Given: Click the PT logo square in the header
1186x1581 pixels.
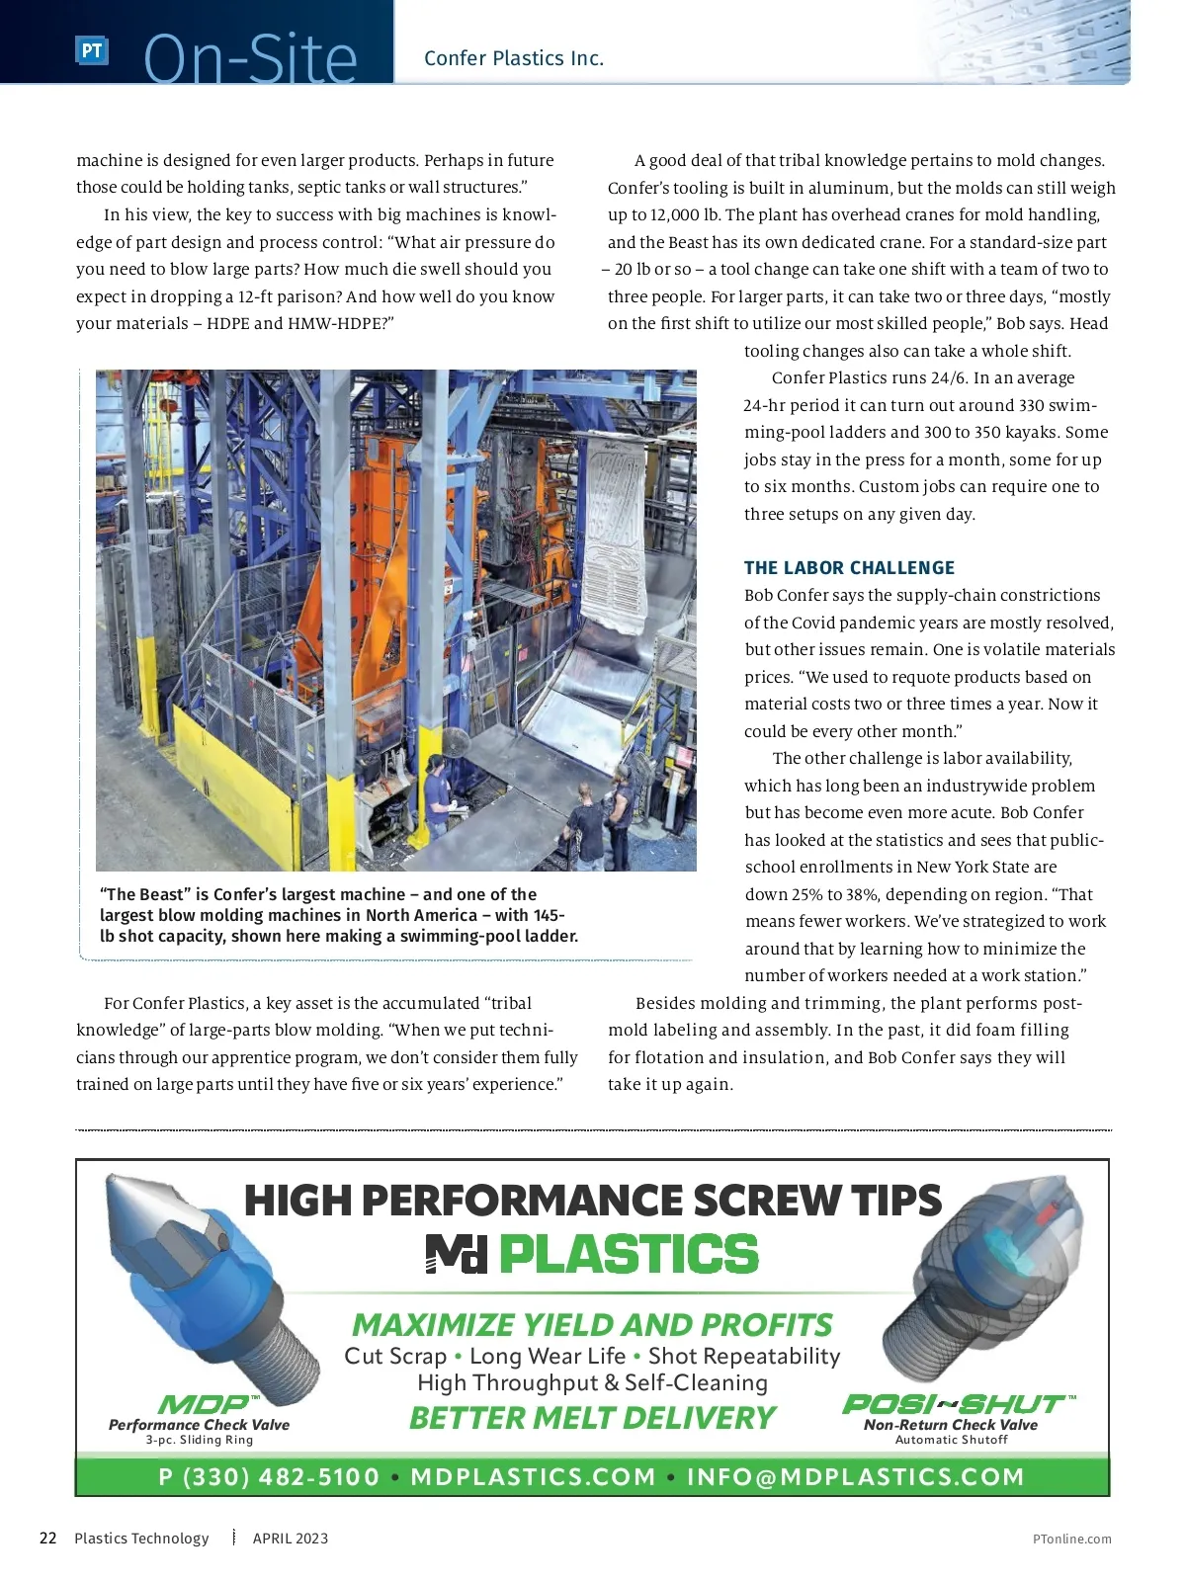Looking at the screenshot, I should pos(91,51).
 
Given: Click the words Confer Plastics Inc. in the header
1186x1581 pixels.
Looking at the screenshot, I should pos(513,58).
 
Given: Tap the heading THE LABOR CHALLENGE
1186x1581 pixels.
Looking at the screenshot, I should pos(849,568).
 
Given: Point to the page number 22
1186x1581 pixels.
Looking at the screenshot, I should pos(47,1538).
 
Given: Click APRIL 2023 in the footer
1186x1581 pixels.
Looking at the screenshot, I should pos(291,1539).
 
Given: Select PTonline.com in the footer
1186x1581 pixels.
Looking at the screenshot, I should pos(1071,1539).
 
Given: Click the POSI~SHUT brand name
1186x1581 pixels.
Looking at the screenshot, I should pos(955,1404).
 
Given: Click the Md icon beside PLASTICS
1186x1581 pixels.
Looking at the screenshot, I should pos(457,1254).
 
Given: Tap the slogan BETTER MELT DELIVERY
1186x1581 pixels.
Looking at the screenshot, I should pos(592,1418).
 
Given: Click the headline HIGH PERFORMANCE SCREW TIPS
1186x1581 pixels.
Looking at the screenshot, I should pos(593,1201).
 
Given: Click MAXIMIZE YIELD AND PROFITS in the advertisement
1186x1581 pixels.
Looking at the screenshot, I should pos(592,1325).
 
